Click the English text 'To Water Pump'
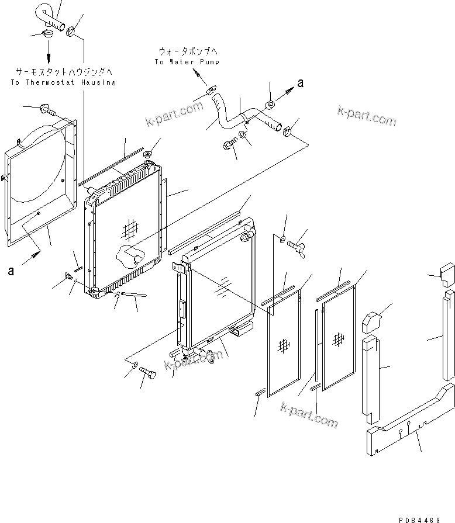coord(187,62)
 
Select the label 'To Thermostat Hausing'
coord(63,82)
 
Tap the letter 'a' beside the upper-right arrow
coord(301,84)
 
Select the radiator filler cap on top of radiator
coord(147,155)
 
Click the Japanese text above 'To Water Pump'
coord(187,51)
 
